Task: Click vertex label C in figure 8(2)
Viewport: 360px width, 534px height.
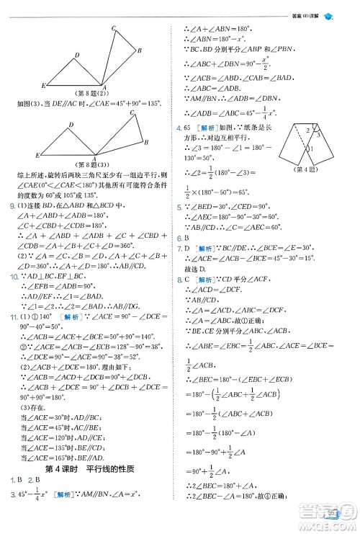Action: click(114, 29)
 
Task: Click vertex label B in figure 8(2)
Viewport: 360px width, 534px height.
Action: click(139, 50)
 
